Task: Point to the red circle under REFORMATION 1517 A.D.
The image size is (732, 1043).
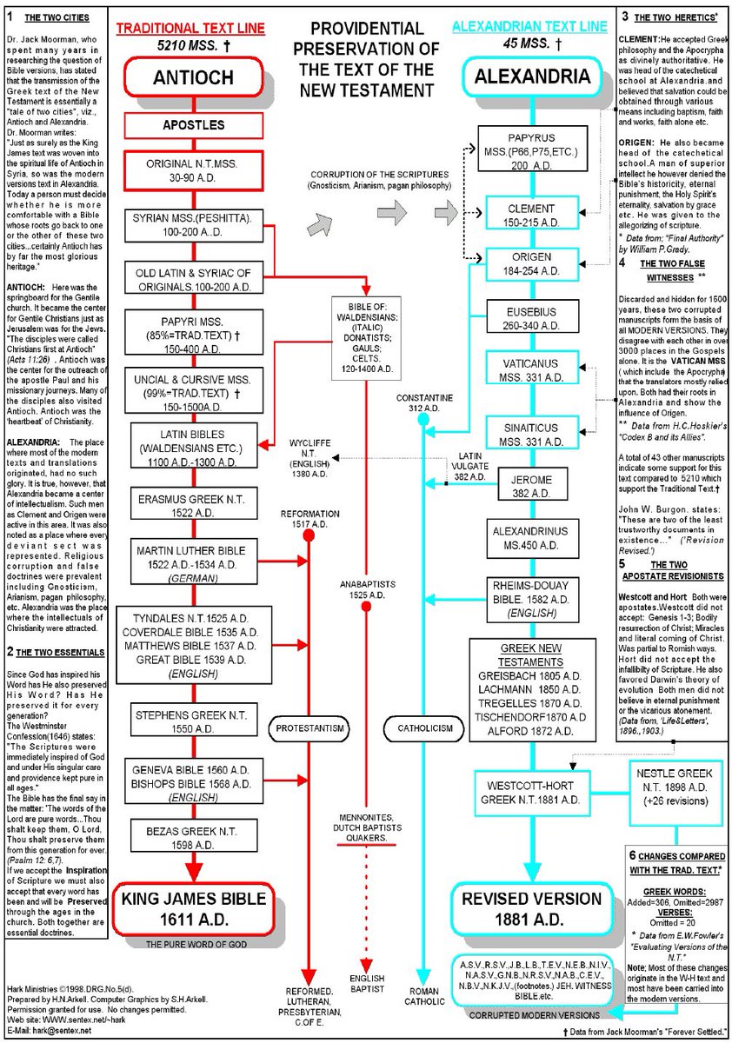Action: (x=308, y=536)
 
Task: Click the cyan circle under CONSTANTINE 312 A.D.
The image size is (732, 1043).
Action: (x=423, y=420)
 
